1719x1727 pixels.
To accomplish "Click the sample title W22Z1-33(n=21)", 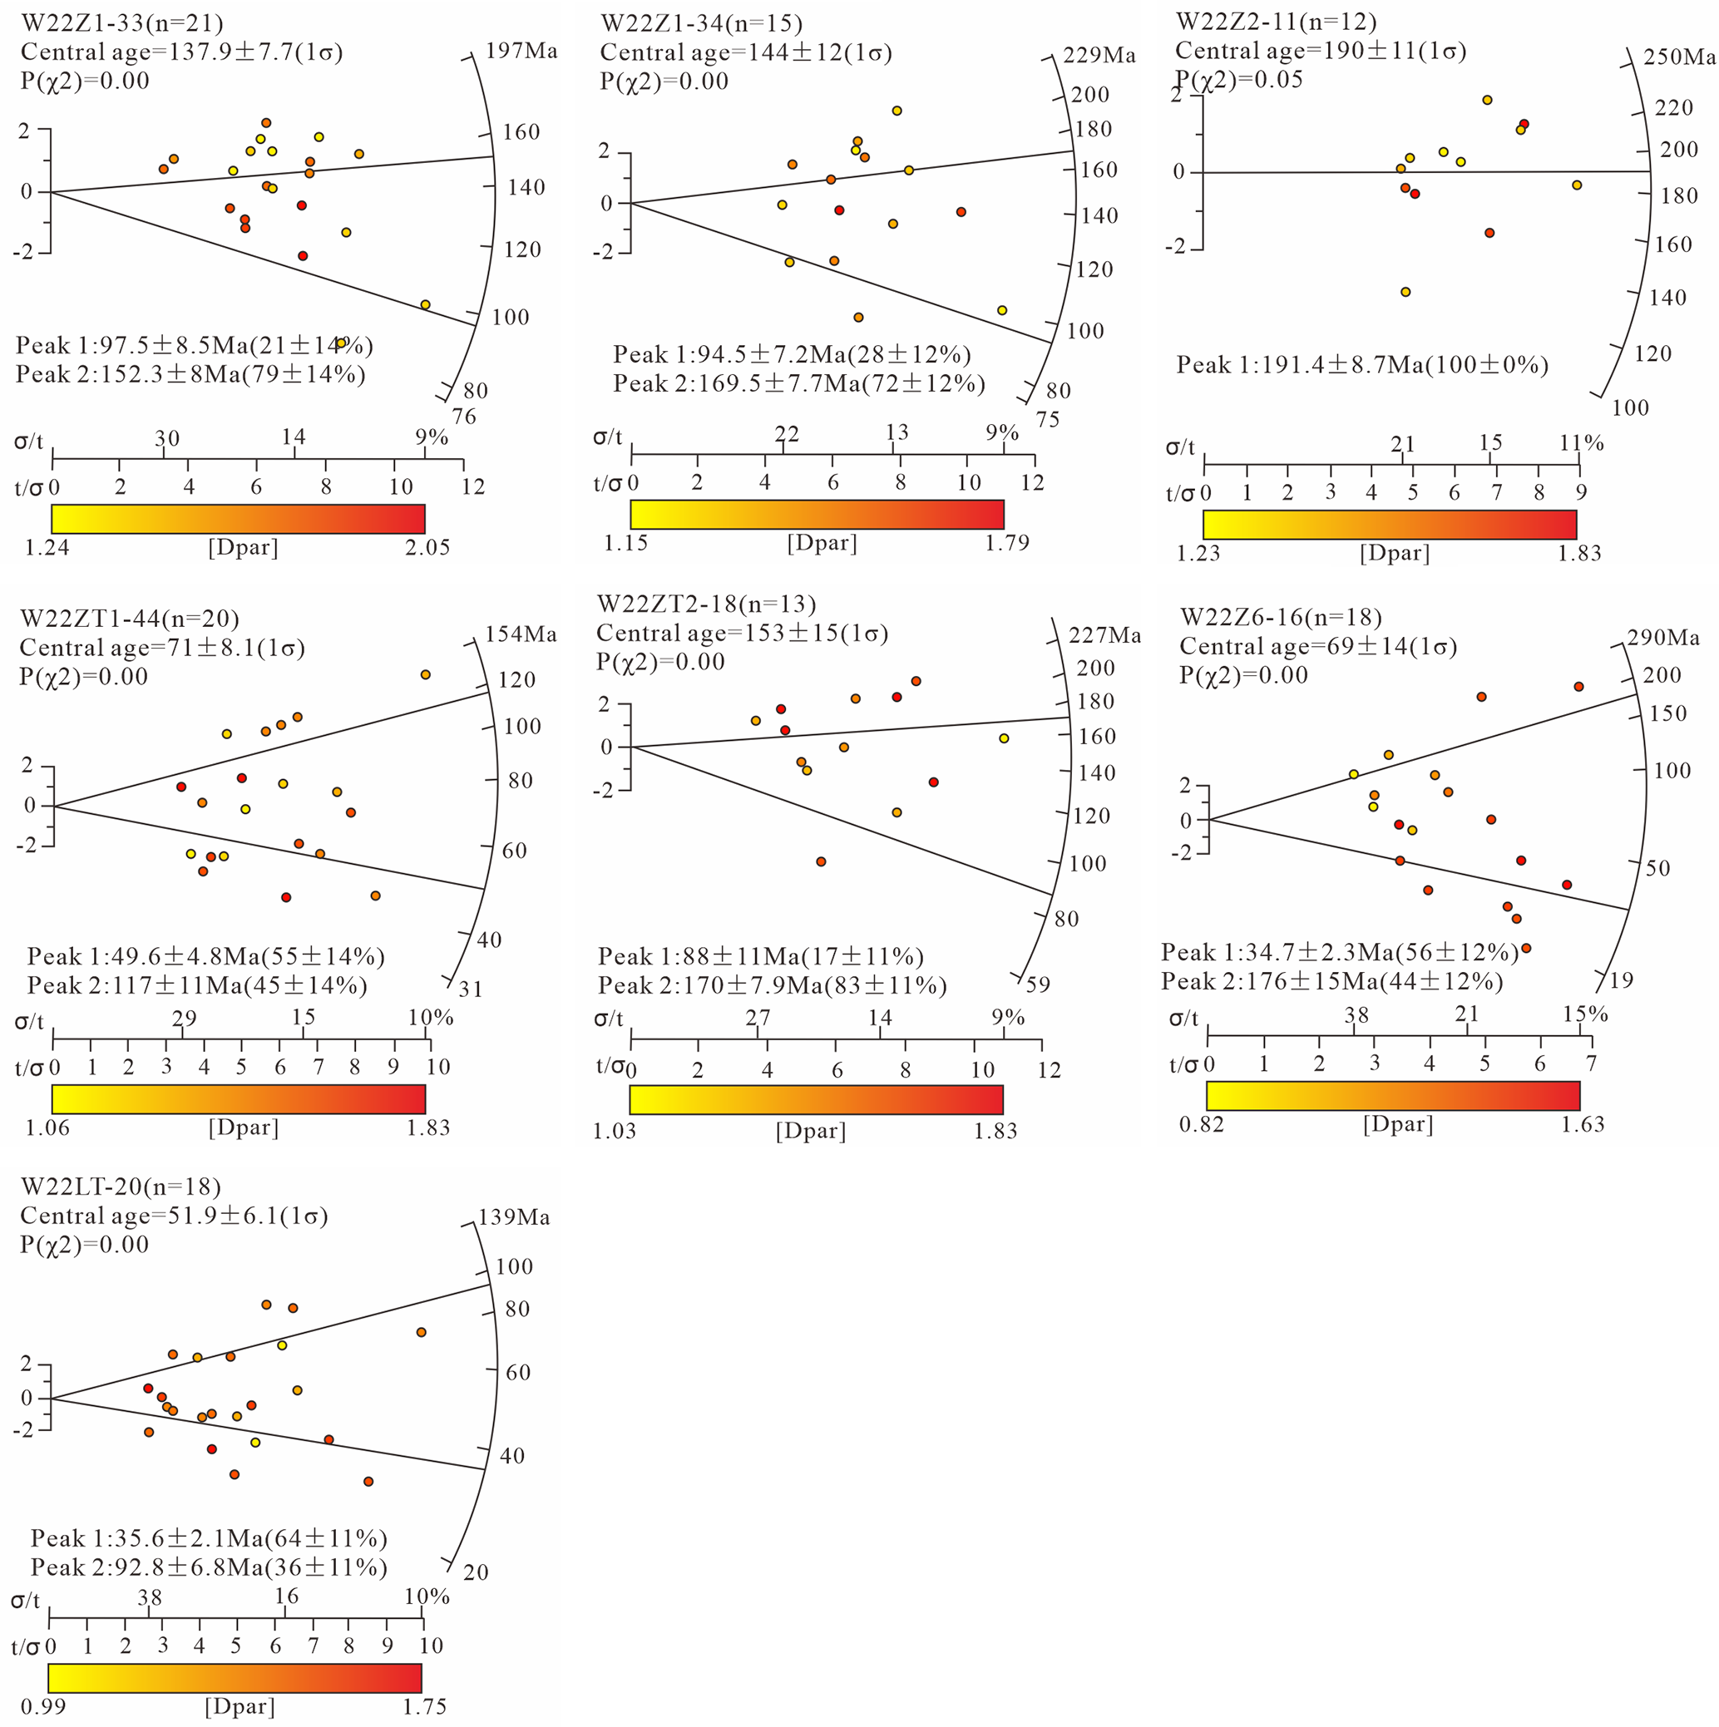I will [122, 22].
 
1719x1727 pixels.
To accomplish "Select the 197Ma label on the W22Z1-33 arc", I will [521, 51].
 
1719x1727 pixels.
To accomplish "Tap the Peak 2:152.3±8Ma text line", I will [190, 373].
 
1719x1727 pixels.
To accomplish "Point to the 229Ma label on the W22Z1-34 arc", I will [1099, 57].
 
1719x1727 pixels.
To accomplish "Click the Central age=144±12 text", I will [745, 52].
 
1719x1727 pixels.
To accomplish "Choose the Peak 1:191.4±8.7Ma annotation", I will [1361, 365].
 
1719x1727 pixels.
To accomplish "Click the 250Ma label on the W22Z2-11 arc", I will [1680, 57].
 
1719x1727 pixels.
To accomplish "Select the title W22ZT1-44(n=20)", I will [130, 619].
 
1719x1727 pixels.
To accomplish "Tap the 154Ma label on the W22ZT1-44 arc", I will [521, 634].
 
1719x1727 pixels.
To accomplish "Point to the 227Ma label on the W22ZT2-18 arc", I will [1105, 635].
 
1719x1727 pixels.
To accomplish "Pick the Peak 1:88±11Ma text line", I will [761, 956].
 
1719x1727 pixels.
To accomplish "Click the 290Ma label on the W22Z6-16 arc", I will [1663, 638].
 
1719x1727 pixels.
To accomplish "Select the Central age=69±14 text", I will [1317, 646].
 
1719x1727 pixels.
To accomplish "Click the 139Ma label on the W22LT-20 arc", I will [514, 1217].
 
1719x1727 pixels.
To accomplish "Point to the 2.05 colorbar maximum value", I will [427, 547].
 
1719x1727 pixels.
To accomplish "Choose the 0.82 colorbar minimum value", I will [1202, 1123].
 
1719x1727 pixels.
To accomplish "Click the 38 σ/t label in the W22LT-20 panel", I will [150, 1597].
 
